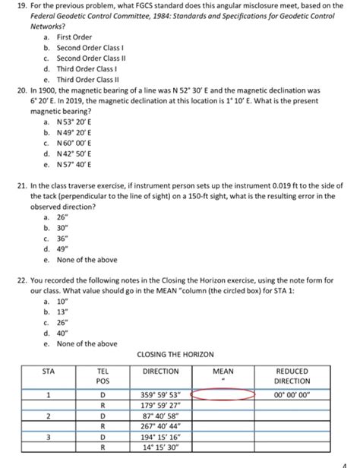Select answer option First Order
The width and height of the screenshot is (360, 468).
pyautogui.click(x=74, y=36)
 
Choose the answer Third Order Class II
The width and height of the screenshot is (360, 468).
pyautogui.click(x=87, y=79)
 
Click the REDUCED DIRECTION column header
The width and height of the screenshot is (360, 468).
pyautogui.click(x=292, y=376)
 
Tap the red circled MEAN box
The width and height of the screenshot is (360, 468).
pyautogui.click(x=226, y=394)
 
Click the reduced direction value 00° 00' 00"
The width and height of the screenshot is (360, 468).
pyautogui.click(x=292, y=394)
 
